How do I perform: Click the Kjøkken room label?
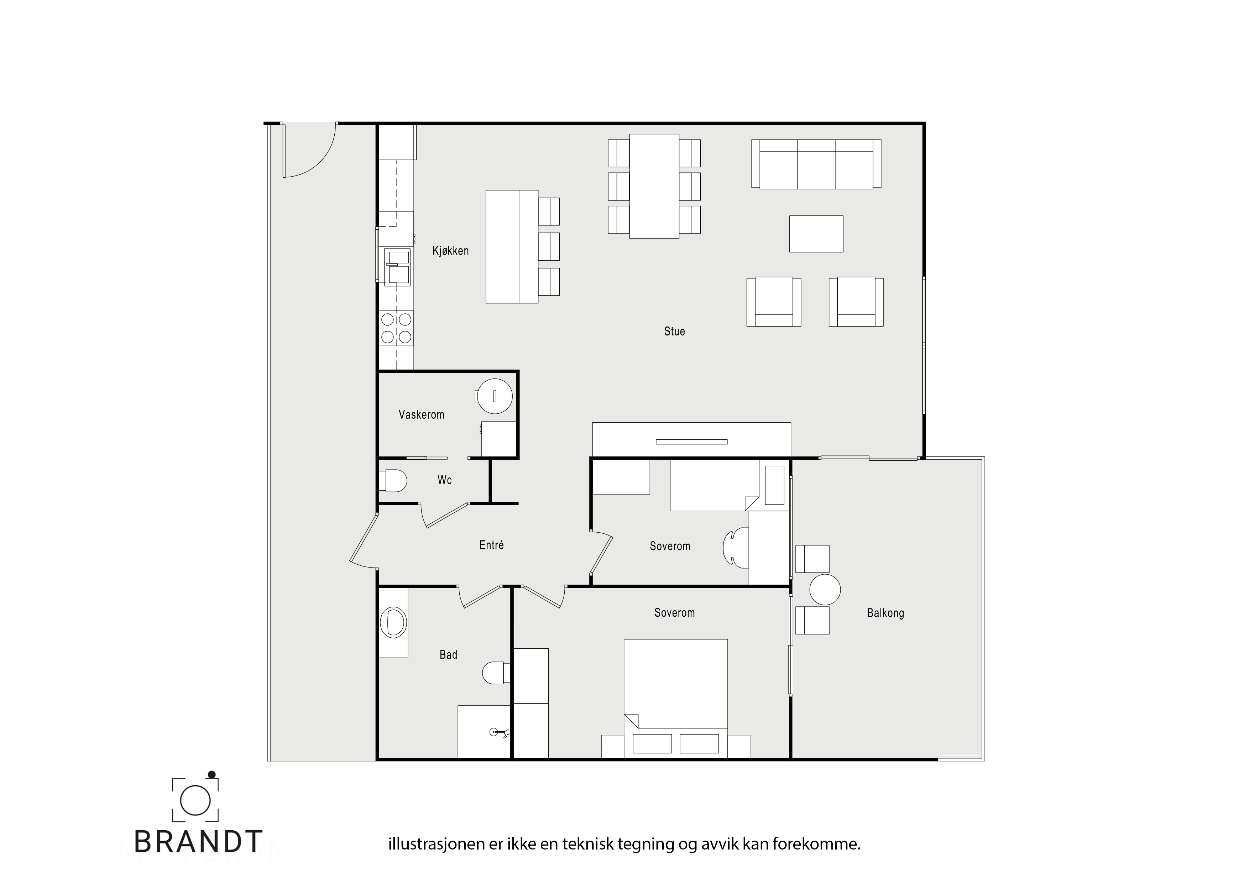point(450,251)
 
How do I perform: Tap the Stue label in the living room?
point(675,331)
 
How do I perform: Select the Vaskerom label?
point(422,414)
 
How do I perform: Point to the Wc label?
point(444,480)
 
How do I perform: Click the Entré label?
point(491,545)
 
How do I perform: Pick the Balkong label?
point(885,613)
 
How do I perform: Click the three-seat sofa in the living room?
point(816,164)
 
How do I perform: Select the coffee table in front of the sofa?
point(816,234)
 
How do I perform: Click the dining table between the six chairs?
point(654,186)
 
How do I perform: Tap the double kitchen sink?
point(397,267)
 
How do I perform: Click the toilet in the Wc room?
point(393,481)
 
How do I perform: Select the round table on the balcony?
point(825,590)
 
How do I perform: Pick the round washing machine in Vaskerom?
point(494,396)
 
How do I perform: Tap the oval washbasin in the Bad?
point(393,622)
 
